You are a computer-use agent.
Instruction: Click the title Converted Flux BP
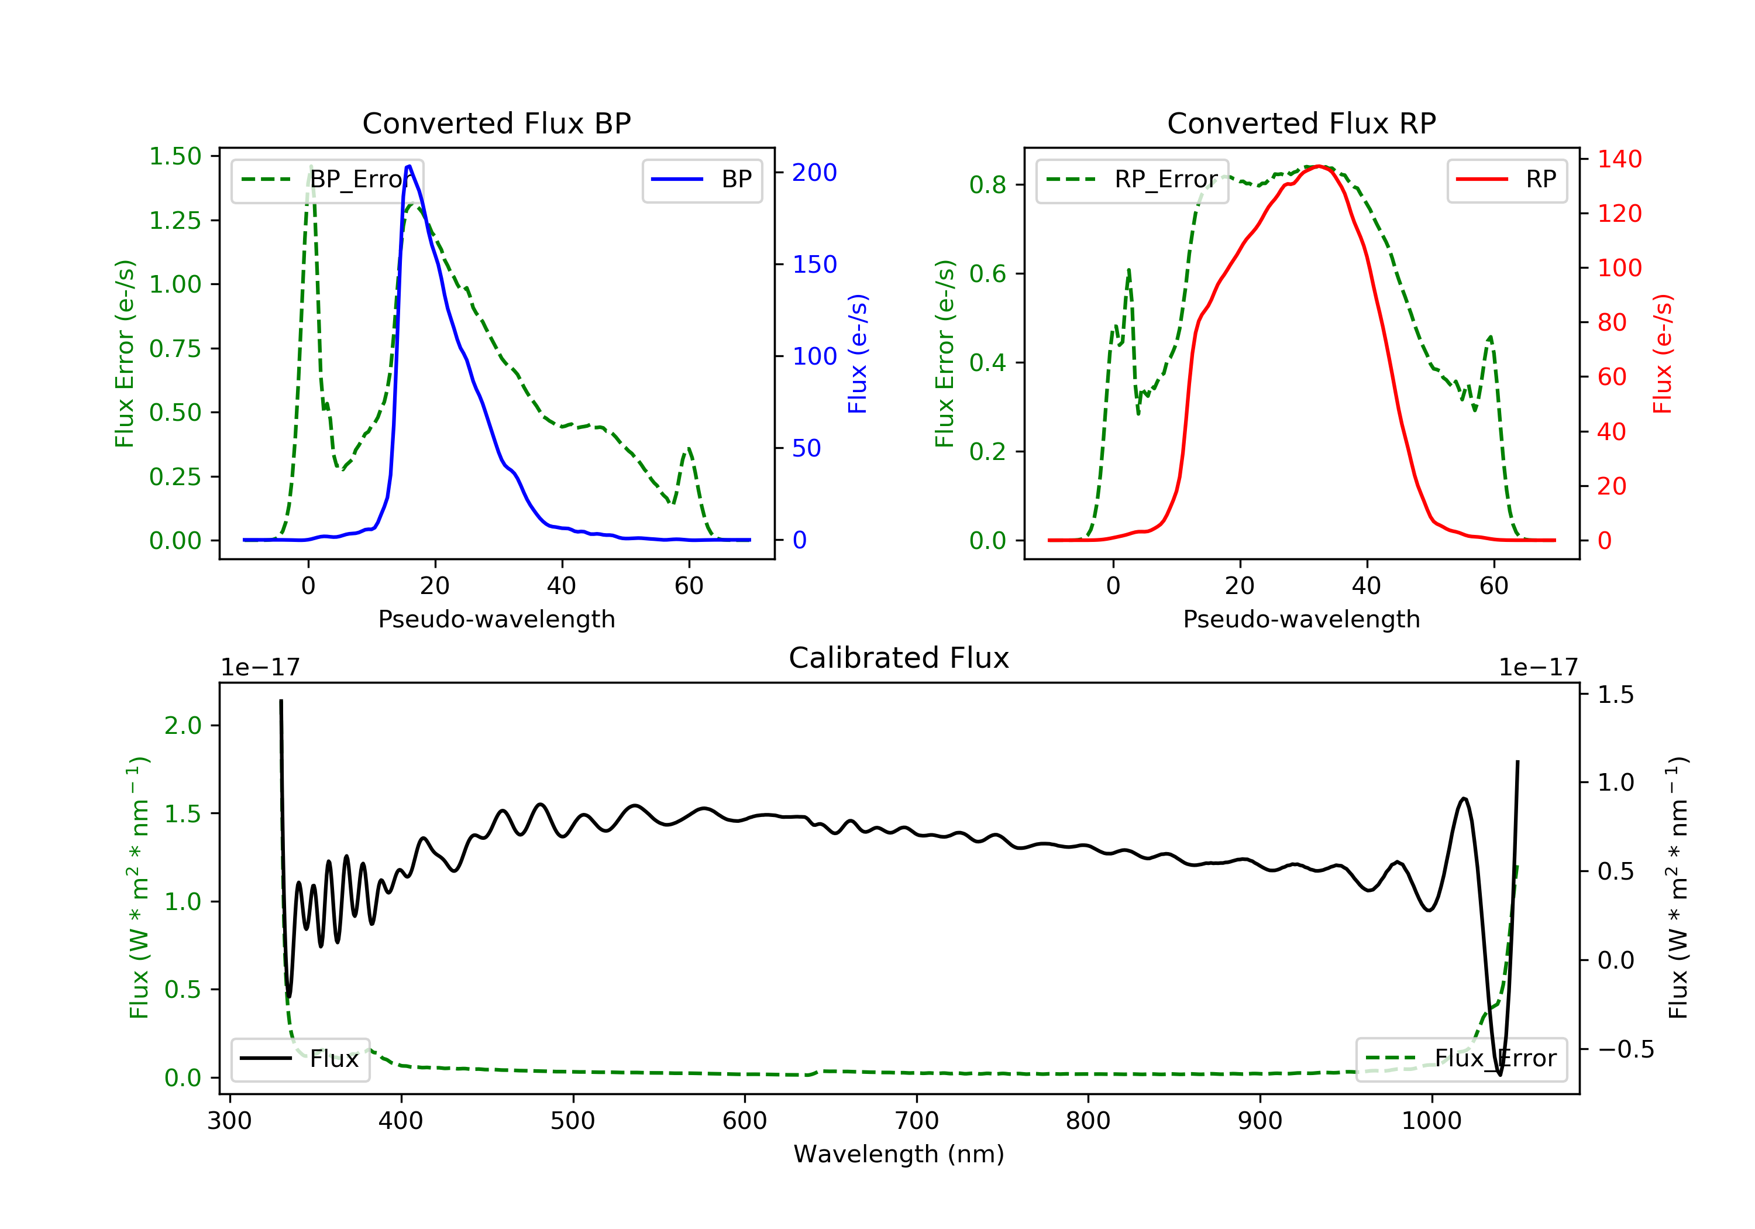tap(497, 123)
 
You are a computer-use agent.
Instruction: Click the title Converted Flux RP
tap(1302, 123)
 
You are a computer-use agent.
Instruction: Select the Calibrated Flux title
tap(899, 658)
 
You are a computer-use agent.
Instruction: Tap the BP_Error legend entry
tap(327, 180)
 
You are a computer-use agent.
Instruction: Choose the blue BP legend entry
tap(701, 180)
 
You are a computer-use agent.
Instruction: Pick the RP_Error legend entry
tap(1132, 180)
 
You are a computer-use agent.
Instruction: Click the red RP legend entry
tap(1506, 180)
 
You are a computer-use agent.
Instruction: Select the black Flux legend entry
tap(300, 1059)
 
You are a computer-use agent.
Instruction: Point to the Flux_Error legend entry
tap(1461, 1059)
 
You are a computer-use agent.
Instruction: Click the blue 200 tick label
tap(814, 173)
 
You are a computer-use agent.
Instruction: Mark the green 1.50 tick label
tap(175, 156)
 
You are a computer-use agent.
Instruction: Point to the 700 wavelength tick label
tap(917, 1121)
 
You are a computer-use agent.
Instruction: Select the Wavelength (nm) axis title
tap(899, 1154)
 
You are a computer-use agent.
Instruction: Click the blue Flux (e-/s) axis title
tap(858, 354)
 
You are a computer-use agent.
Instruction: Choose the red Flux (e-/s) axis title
tap(1663, 354)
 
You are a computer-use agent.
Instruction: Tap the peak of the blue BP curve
tap(409, 166)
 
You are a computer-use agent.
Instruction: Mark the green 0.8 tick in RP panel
tap(987, 185)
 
